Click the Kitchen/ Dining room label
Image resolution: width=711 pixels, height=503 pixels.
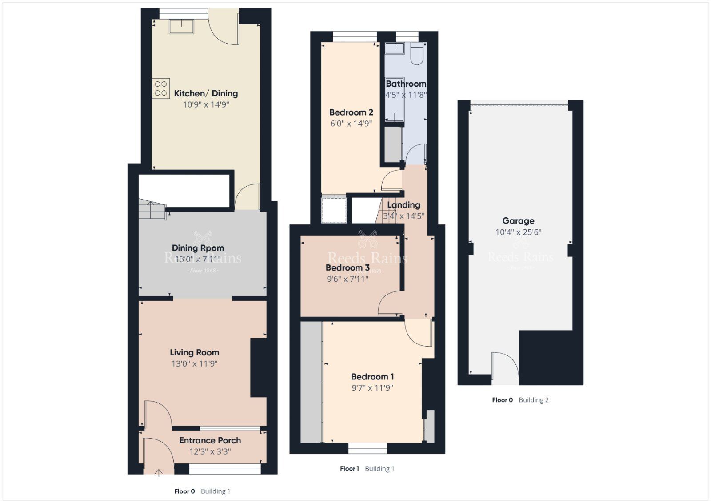pyautogui.click(x=206, y=93)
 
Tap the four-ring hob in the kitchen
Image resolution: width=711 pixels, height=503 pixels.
pyautogui.click(x=161, y=88)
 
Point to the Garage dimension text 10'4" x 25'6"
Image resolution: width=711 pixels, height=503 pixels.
pyautogui.click(x=518, y=232)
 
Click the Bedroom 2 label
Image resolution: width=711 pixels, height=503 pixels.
pyautogui.click(x=351, y=112)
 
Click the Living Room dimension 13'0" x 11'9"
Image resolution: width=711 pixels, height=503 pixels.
pyautogui.click(x=194, y=364)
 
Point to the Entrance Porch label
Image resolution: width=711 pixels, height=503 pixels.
pyautogui.click(x=210, y=440)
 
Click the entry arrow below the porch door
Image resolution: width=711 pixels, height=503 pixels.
pyautogui.click(x=159, y=472)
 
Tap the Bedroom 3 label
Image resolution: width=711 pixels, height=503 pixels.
pyautogui.click(x=347, y=268)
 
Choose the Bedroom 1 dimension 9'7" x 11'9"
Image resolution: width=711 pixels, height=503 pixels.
pyautogui.click(x=372, y=388)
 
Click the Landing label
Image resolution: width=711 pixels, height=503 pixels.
pyautogui.click(x=403, y=205)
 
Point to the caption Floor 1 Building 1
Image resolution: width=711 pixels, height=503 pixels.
pyautogui.click(x=367, y=468)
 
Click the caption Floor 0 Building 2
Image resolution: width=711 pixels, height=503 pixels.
pyautogui.click(x=520, y=400)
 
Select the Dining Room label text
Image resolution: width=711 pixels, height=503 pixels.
pyautogui.click(x=198, y=248)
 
